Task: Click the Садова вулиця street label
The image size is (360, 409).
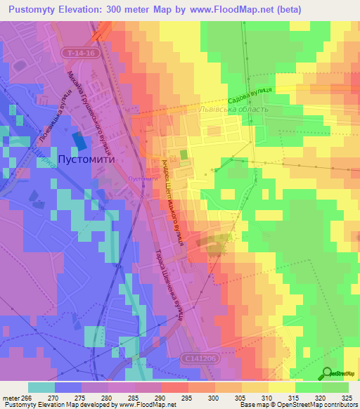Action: (x=250, y=93)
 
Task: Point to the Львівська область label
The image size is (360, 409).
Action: (x=234, y=109)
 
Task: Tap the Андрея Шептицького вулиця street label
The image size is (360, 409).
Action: (x=173, y=200)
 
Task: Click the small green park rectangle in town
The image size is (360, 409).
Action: (x=184, y=155)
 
